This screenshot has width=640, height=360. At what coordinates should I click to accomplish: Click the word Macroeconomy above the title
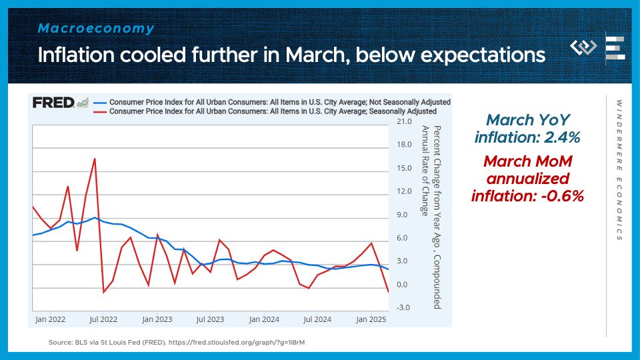pyautogui.click(x=96, y=29)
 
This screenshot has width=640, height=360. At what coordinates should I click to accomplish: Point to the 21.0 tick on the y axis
pyautogui.click(x=403, y=123)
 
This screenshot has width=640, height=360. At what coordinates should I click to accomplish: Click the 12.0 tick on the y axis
pyautogui.click(x=403, y=192)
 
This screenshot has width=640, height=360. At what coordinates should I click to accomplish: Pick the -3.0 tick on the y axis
pyautogui.click(x=403, y=307)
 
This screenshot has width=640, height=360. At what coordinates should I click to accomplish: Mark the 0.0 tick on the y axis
pyautogui.click(x=403, y=285)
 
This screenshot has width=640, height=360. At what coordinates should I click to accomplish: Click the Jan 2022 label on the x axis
pyautogui.click(x=50, y=320)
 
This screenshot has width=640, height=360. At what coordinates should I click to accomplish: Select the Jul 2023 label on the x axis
pyautogui.click(x=210, y=320)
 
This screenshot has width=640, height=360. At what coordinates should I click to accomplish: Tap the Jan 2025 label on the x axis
pyautogui.click(x=371, y=320)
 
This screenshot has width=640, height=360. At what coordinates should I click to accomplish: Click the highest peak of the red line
pyautogui.click(x=95, y=159)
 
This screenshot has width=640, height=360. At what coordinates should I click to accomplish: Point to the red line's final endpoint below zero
pyautogui.click(x=388, y=291)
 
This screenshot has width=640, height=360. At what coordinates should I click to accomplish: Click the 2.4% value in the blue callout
pyautogui.click(x=563, y=137)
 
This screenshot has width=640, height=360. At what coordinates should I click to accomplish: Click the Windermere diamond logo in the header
pyautogui.click(x=584, y=48)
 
